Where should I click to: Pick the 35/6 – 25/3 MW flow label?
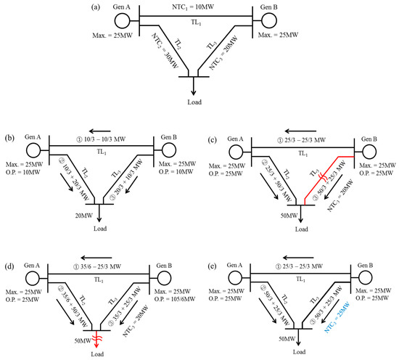click(101, 257)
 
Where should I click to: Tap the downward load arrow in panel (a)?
click(194, 83)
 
